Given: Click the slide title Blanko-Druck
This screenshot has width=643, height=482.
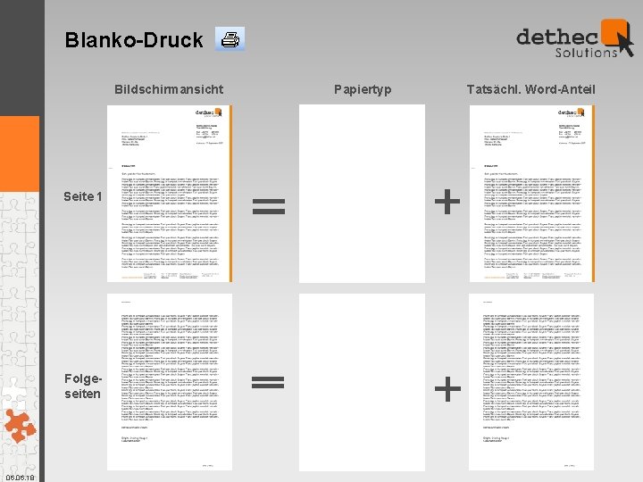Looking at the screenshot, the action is [134, 40].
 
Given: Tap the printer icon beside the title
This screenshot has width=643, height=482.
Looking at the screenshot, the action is [230, 39].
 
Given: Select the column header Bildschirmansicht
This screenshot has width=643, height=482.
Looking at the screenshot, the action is [169, 89].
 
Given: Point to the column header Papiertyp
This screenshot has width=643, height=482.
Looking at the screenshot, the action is [363, 89].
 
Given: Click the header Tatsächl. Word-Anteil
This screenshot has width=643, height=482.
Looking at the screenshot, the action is [530, 89].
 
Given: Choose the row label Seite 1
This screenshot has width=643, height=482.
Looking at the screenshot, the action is [83, 196].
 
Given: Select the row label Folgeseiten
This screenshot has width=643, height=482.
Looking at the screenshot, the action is [83, 386].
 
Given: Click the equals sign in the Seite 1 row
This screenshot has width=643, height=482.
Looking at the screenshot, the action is [269, 207].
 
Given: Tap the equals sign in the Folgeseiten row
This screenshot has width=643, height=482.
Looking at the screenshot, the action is [269, 382].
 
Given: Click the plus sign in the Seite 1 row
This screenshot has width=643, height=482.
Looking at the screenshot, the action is [447, 203].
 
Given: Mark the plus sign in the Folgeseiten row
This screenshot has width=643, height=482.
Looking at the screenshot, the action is [447, 388].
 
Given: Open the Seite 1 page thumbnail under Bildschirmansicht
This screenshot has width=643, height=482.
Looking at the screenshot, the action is [170, 194].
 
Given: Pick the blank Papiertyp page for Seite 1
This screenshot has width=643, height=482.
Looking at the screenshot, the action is [362, 194].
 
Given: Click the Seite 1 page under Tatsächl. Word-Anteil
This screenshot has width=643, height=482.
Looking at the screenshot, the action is [531, 194].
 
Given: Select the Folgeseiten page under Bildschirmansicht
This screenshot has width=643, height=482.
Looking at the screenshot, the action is [170, 382].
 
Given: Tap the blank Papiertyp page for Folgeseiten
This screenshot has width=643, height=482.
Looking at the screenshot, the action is [362, 382].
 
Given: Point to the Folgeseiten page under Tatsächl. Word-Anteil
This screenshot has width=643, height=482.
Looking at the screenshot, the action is [531, 382].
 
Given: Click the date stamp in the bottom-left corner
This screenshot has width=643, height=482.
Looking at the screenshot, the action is [19, 478].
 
